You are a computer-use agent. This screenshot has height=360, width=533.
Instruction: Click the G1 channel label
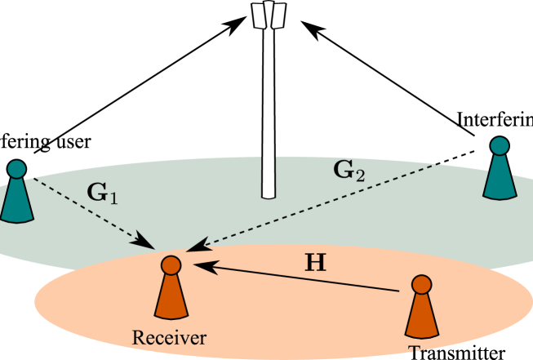click(x=103, y=194)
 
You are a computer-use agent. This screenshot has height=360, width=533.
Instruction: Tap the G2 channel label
click(x=349, y=171)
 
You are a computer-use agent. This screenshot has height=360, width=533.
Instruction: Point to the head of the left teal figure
click(x=16, y=170)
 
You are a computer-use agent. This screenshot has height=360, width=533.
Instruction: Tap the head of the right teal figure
click(x=499, y=147)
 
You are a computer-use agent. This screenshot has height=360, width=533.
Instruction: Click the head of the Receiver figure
click(x=171, y=264)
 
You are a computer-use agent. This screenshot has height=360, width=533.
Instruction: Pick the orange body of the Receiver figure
click(x=171, y=298)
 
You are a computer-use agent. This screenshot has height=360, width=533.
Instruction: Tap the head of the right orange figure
click(x=421, y=285)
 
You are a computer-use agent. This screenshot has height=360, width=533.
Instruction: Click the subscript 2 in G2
click(x=361, y=176)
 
